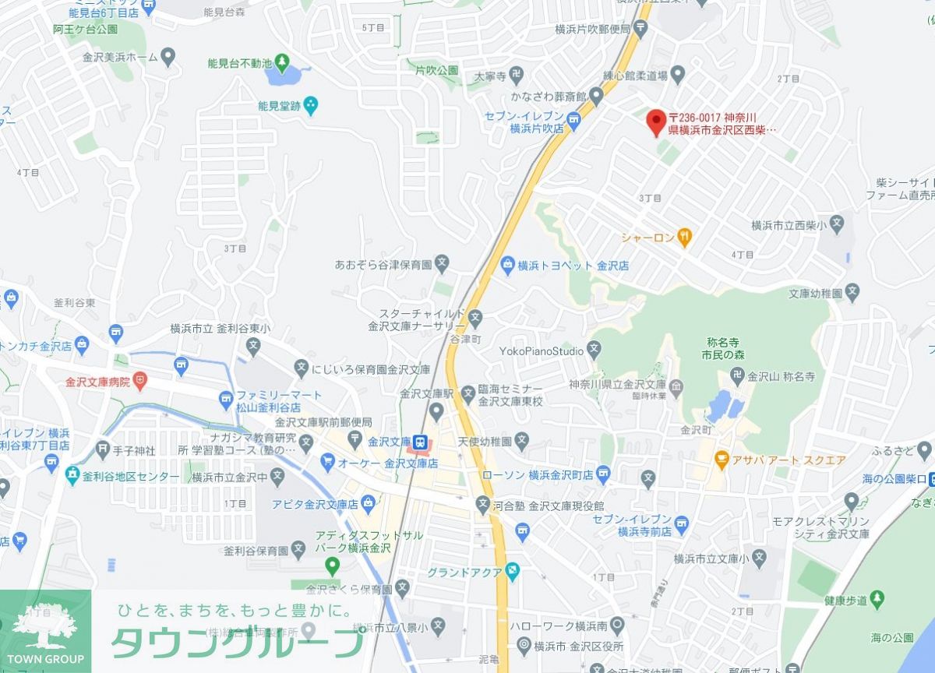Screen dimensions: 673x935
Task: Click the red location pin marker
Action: click(656, 121)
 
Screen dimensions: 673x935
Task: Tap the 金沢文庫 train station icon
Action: click(421, 442)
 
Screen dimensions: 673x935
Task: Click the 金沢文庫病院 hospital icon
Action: click(140, 381)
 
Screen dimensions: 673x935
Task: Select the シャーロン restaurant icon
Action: click(684, 236)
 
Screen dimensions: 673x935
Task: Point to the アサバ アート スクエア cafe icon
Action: click(722, 460)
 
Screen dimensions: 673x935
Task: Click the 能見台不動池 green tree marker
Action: click(281, 62)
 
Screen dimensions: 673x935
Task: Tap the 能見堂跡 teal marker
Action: click(311, 103)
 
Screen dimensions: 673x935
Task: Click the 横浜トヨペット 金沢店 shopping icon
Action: click(508, 265)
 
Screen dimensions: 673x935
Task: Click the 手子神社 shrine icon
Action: click(103, 449)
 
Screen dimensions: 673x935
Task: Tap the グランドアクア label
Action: click(464, 573)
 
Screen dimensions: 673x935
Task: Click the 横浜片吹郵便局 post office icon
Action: click(640, 30)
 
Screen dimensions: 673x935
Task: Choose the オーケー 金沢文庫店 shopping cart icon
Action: click(328, 463)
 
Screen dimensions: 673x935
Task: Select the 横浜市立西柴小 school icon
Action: click(837, 226)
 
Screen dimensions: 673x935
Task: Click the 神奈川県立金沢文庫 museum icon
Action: click(676, 385)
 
